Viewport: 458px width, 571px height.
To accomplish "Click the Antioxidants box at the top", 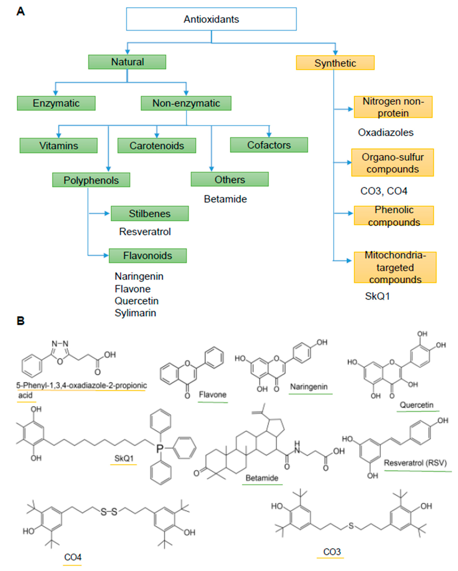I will (x=211, y=19).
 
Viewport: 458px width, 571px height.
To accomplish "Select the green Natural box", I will (x=127, y=62).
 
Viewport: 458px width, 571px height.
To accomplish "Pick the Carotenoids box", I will (x=157, y=145).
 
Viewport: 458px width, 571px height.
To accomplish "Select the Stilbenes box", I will (x=149, y=214).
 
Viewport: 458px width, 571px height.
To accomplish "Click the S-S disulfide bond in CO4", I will (x=109, y=512).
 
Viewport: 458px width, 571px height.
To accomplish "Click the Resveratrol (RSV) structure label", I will (x=415, y=463).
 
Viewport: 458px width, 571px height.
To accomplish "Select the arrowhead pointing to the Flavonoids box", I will (x=106, y=256).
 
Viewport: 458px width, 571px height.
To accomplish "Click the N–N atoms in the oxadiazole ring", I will (x=60, y=344).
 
